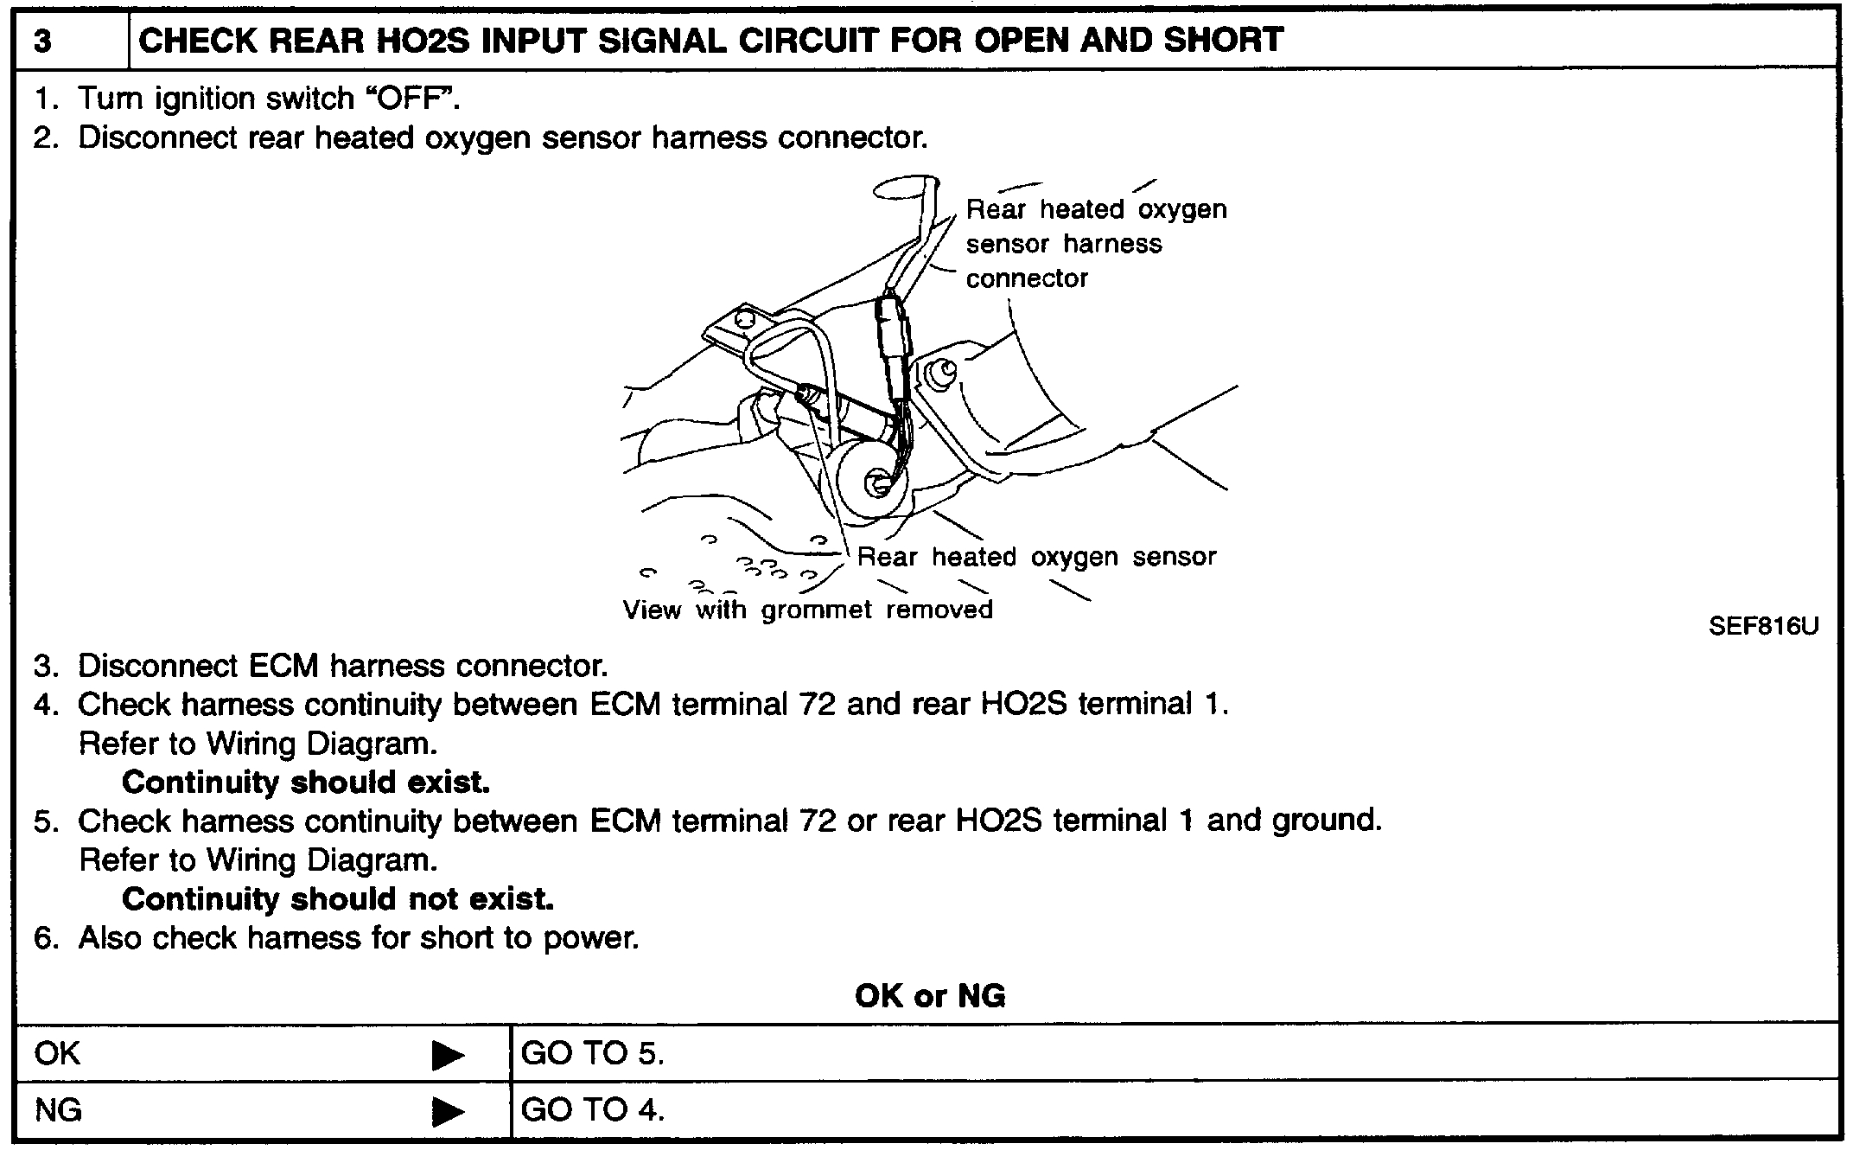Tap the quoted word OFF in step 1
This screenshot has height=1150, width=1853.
click(412, 99)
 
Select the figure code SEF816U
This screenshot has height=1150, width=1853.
click(1763, 627)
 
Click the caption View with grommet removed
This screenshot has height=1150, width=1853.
click(807, 610)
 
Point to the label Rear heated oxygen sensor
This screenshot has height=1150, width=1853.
click(1036, 557)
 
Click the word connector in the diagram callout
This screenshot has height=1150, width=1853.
click(1027, 278)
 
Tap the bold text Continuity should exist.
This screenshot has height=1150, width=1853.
click(306, 783)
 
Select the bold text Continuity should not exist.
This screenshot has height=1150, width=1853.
click(338, 899)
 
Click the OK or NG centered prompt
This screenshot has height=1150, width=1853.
click(930, 996)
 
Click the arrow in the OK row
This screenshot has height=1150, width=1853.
click(448, 1055)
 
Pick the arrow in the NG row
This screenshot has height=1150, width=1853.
click(448, 1111)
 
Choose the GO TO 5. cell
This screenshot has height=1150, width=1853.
click(593, 1054)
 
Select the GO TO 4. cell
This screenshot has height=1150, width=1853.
click(593, 1110)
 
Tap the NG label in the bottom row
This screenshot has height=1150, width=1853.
click(58, 1110)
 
